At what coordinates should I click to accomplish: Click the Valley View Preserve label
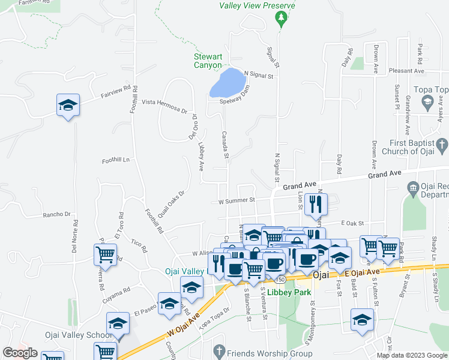(257, 5)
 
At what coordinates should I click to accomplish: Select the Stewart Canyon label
(208, 61)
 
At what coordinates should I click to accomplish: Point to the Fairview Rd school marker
(68, 106)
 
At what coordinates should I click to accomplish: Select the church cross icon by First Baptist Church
(441, 145)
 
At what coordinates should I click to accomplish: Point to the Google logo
(20, 353)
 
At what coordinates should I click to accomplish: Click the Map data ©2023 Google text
(412, 355)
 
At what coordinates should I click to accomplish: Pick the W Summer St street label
(237, 200)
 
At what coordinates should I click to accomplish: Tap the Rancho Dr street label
(56, 214)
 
